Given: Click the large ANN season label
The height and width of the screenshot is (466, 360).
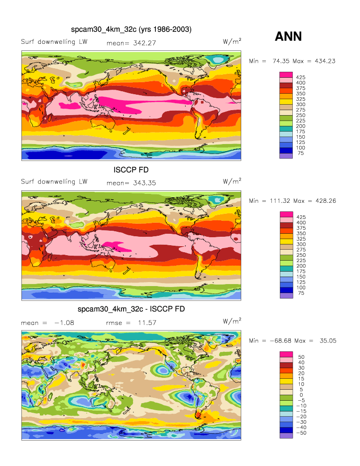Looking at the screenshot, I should (x=288, y=36).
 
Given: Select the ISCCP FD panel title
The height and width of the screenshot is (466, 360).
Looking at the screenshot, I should (x=131, y=170).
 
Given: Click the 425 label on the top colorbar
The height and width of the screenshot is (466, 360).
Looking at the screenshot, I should (x=301, y=77).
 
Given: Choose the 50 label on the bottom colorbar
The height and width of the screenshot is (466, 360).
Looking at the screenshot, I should (x=301, y=357).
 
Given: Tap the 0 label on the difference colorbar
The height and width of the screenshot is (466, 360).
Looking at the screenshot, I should (x=299, y=395).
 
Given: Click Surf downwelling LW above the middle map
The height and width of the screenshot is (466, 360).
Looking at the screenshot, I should (x=54, y=181).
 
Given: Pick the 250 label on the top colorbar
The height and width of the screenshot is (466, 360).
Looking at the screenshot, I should (x=301, y=115).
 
